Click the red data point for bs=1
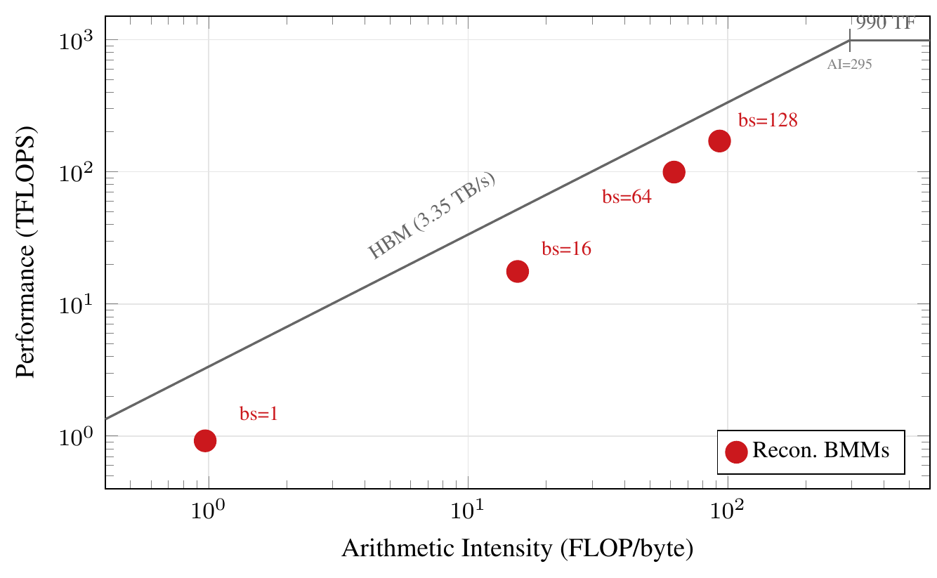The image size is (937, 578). [x=204, y=440]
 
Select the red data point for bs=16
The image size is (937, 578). [x=518, y=271]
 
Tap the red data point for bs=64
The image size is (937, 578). [x=674, y=171]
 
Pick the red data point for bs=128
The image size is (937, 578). [x=719, y=141]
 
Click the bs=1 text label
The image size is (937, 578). [x=258, y=414]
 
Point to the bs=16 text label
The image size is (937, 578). [x=566, y=249]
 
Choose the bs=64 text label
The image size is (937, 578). [x=627, y=197]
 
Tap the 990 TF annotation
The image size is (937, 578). [x=885, y=23]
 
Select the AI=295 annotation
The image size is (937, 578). [x=850, y=64]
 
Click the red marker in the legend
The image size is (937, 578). [x=736, y=452]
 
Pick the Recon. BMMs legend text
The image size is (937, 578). [x=820, y=451]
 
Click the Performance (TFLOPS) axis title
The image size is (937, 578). [x=26, y=252]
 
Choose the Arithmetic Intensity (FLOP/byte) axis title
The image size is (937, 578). [x=518, y=549]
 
